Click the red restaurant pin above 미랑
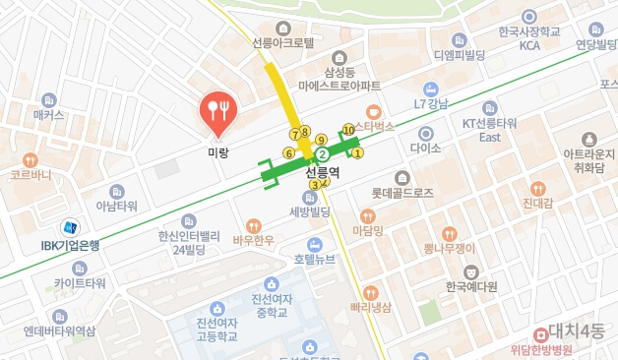click(216, 112)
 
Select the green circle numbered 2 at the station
click(321, 154)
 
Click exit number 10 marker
click(348, 129)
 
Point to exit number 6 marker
click(288, 152)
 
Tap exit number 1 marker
click(357, 152)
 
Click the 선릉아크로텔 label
click(283, 43)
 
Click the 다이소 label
click(426, 149)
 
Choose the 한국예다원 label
click(470, 286)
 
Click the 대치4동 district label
click(581, 330)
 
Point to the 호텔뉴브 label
click(314, 260)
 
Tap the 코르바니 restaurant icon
click(31, 159)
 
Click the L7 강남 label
click(431, 104)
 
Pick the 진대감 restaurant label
click(537, 204)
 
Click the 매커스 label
click(48, 115)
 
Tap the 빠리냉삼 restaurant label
click(370, 307)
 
